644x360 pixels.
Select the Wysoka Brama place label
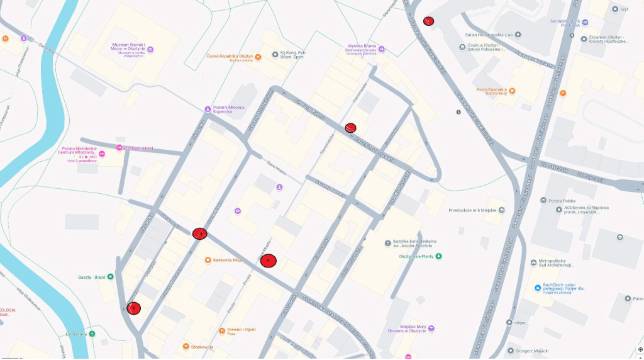(x=362, y=46)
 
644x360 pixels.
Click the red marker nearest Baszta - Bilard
(x=133, y=308)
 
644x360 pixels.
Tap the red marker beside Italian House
(x=428, y=21)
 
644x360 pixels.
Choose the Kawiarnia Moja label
(x=228, y=260)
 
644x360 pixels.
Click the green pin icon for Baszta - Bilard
(x=111, y=276)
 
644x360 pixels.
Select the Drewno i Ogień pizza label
(x=241, y=329)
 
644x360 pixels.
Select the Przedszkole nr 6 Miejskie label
(x=472, y=210)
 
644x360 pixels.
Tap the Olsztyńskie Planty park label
(x=416, y=256)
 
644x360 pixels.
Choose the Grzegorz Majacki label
(x=528, y=350)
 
